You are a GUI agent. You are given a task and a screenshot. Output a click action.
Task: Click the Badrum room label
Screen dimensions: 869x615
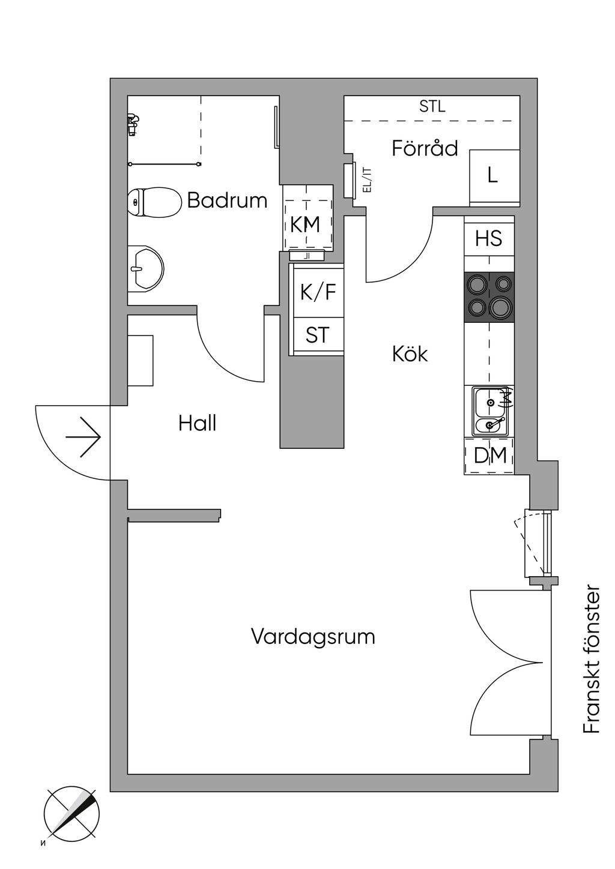(227, 200)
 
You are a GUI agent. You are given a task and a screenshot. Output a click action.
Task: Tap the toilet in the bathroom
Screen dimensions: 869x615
(154, 203)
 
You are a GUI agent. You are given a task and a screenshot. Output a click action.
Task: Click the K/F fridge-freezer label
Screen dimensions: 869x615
(318, 292)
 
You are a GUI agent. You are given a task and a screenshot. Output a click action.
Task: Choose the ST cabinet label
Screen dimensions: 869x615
(317, 335)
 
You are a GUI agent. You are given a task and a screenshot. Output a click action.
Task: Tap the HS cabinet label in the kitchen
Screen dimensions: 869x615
(488, 238)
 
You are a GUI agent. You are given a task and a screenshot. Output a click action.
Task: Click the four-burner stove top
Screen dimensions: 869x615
(489, 297)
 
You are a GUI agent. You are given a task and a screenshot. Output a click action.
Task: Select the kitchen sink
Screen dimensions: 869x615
(491, 411)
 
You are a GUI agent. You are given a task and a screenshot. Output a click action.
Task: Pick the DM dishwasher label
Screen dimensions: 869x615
(489, 456)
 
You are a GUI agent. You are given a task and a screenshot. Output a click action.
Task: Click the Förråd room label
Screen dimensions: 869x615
(425, 148)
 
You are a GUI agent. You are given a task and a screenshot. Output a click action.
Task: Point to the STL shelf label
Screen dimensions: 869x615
(432, 107)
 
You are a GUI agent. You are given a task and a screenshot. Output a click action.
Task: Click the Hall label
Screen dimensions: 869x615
(197, 424)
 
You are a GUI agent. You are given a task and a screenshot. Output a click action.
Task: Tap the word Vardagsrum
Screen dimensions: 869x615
(313, 636)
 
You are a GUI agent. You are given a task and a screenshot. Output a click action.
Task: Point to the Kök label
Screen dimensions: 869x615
(410, 354)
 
